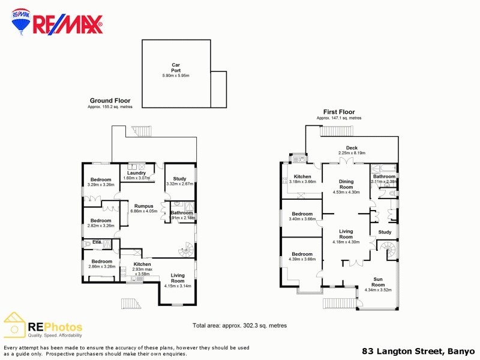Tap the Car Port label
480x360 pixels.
click(176, 69)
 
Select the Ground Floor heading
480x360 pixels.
click(110, 101)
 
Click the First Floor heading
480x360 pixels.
click(339, 112)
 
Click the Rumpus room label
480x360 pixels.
click(143, 206)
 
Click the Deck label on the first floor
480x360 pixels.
click(352, 148)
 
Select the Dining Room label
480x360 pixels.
click(346, 184)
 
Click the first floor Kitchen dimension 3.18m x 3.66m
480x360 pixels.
click(302, 181)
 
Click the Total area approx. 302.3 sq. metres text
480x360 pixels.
click(239, 325)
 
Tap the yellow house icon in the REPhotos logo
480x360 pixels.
click(14, 325)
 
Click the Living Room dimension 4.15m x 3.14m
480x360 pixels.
click(178, 286)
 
